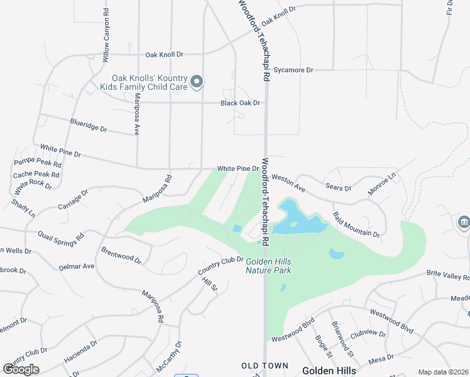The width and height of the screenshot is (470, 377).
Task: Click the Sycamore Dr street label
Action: (293, 70)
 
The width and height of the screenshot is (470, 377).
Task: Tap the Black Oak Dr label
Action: (239, 103)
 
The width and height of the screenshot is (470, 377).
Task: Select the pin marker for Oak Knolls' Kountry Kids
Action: (197, 82)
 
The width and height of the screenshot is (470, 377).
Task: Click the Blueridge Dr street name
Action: (89, 126)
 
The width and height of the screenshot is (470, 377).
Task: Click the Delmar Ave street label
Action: (76, 266)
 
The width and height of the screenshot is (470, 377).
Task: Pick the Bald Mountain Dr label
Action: (356, 225)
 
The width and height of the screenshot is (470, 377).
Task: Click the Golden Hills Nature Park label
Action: (268, 266)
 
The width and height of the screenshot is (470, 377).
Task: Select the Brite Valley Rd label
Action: (448, 275)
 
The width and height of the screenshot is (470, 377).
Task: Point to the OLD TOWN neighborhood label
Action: (265, 366)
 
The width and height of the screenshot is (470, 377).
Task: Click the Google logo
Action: (21, 369)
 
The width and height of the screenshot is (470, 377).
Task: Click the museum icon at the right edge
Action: (464, 222)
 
